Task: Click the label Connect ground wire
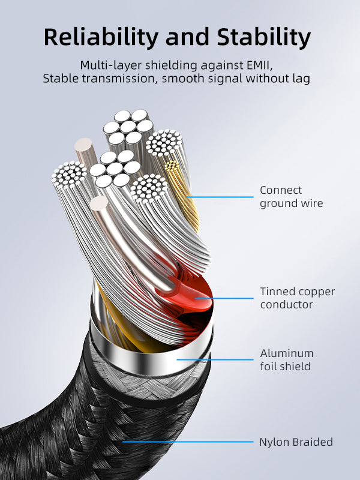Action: pos(291,197)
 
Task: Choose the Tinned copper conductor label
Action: pos(297,298)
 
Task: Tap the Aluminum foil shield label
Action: pos(287,359)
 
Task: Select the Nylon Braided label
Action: pos(296,442)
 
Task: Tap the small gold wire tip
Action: pos(172,165)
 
